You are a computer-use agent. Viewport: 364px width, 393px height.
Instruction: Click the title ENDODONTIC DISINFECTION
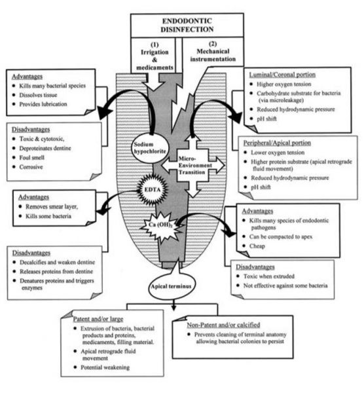point(187,25)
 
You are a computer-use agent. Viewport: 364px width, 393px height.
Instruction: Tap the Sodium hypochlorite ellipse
point(150,148)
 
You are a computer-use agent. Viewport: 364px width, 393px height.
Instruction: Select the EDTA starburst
point(153,189)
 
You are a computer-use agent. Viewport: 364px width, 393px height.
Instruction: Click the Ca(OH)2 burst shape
point(160,225)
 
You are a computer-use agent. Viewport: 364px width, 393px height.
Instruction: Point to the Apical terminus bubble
point(171,286)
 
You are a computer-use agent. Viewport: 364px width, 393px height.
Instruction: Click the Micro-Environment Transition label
point(195,166)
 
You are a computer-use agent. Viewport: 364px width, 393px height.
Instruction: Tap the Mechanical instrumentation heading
point(213,55)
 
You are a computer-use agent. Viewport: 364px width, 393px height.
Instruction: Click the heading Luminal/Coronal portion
point(282,75)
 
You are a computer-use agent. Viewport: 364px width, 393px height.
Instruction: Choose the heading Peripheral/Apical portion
point(277,143)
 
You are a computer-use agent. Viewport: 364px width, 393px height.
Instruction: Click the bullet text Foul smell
point(32,158)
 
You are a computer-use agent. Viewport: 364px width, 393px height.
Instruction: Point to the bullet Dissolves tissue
point(38,95)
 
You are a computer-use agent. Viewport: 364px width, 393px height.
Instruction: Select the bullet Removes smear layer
point(52,207)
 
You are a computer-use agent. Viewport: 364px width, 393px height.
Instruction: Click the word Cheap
point(257,246)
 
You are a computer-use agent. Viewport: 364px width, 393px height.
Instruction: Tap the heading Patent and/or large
point(98,319)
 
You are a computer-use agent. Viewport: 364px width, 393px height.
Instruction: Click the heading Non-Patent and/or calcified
point(223,325)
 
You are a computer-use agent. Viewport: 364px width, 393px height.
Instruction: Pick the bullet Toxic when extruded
point(269,276)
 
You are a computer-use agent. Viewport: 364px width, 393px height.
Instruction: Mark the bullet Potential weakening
point(105,367)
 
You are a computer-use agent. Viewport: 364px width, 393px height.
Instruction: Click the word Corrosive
point(31,167)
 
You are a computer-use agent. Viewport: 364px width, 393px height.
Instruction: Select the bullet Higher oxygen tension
point(284,84)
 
